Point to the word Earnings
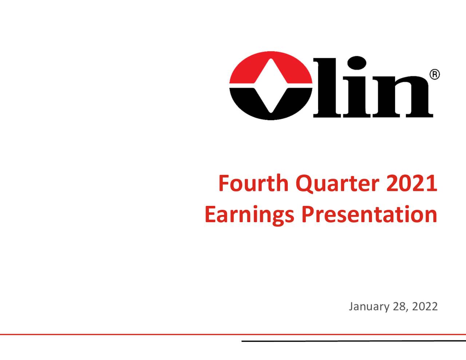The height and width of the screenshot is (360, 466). click(x=249, y=215)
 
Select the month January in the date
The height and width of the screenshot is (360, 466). click(x=369, y=306)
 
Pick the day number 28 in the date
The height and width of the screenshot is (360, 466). click(x=399, y=306)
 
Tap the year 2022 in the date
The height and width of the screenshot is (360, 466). click(x=425, y=306)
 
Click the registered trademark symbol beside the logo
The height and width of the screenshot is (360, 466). click(x=435, y=75)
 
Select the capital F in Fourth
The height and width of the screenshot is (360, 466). click(x=223, y=183)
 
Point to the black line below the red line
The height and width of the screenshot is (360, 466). click(x=353, y=341)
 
